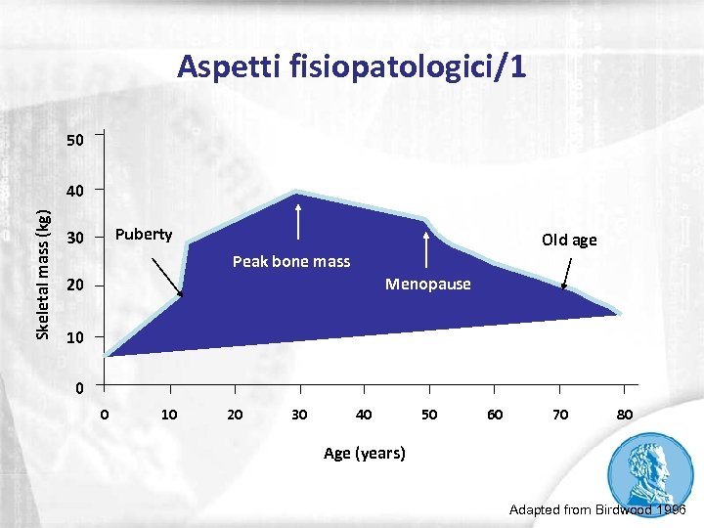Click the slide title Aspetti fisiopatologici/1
(x=352, y=66)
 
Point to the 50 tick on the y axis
(x=75, y=141)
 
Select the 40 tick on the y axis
(x=75, y=189)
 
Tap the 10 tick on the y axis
(x=75, y=337)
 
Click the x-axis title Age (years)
(x=364, y=453)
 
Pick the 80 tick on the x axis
(x=625, y=415)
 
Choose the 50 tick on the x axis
(x=429, y=415)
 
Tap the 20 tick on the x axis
(x=235, y=415)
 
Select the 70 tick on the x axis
(x=559, y=415)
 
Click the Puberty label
(x=144, y=235)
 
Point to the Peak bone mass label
(x=291, y=261)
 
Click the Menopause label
(x=427, y=285)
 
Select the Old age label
(x=569, y=241)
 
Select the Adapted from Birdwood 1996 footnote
(x=598, y=510)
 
